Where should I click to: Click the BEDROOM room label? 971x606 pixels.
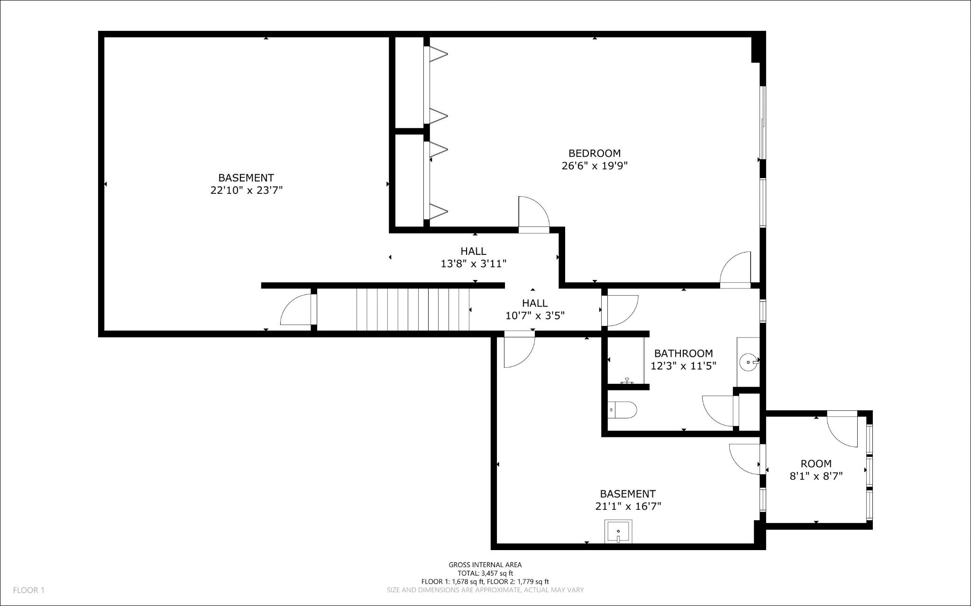595,154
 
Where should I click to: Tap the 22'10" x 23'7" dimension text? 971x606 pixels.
247,190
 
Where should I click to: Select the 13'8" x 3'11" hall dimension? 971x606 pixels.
474,264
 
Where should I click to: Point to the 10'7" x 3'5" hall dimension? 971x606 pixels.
535,316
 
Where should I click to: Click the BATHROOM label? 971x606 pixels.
683,353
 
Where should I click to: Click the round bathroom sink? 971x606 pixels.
749,362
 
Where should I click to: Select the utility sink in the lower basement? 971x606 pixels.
619,531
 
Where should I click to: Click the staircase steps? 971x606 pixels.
413,310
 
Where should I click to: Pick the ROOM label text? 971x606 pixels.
816,464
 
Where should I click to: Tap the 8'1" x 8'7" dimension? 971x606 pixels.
816,476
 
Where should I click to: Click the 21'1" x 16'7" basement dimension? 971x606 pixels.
628,507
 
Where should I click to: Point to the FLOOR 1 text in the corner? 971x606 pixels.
28,590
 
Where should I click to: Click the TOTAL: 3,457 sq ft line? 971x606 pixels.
485,573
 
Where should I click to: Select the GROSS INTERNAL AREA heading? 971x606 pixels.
485,565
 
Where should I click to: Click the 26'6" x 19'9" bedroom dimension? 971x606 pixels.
595,166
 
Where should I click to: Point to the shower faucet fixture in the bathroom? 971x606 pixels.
627,381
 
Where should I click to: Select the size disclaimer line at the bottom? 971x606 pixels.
485,590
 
